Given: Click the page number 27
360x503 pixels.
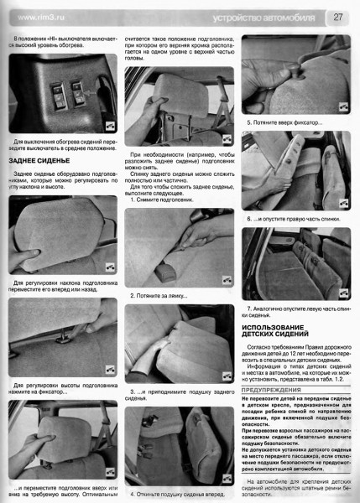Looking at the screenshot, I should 337,16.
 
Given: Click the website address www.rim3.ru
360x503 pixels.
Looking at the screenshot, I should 39,17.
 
